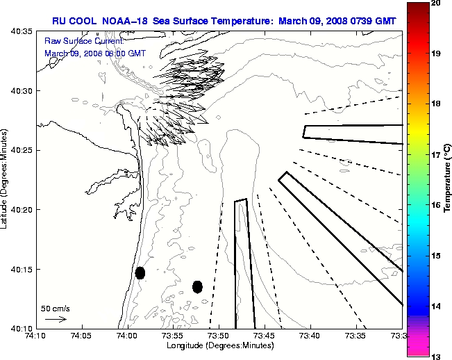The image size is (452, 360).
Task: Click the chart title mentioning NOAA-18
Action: (x=224, y=21)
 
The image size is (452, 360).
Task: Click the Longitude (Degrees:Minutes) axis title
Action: (x=219, y=345)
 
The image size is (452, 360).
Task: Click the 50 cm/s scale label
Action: (x=56, y=308)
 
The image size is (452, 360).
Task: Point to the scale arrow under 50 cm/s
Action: (x=56, y=319)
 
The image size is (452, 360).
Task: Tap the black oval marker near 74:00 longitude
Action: (x=140, y=272)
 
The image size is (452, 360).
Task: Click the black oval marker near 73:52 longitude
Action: (x=197, y=286)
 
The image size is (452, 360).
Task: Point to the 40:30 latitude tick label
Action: (x=21, y=91)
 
